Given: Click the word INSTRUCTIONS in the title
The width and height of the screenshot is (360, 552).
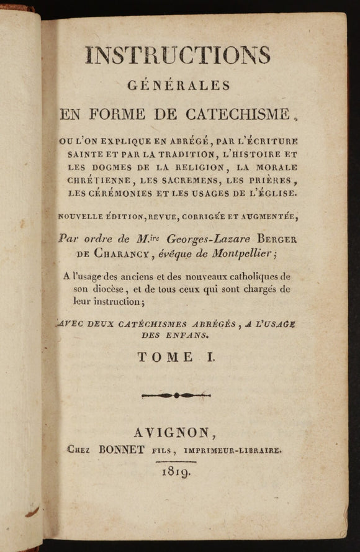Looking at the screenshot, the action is point(178,56).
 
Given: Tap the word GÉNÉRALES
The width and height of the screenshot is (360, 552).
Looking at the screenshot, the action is point(178,84).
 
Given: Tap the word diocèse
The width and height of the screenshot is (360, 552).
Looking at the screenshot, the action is point(97,289).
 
